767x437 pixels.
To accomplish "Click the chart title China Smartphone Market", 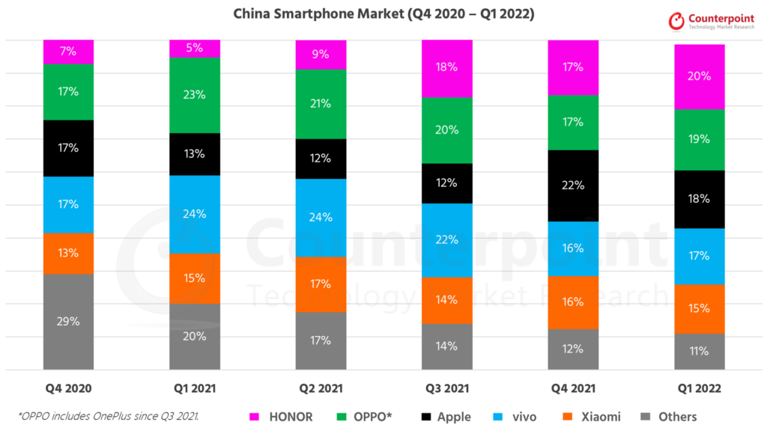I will coord(383,14).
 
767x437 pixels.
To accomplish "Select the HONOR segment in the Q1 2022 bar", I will coord(699,76).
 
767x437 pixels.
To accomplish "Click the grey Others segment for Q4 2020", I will coord(69,322).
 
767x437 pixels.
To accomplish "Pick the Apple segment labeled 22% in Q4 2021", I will coord(573,186).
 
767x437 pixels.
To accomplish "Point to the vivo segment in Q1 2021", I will coord(195,214).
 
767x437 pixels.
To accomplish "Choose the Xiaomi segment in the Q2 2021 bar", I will coord(321,284).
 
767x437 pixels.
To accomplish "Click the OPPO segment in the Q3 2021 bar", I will coord(447,130).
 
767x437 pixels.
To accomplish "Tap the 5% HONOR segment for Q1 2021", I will coord(195,49).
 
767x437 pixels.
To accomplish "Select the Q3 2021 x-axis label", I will coord(447,389).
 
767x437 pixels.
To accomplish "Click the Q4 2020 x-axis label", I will coord(69,389).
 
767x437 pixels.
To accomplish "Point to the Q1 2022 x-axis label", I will coord(699,389).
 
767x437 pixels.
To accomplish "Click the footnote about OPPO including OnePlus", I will coord(109,416).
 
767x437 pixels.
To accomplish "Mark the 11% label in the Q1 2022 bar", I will coord(699,351).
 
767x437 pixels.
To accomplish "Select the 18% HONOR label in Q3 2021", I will coord(447,68).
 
